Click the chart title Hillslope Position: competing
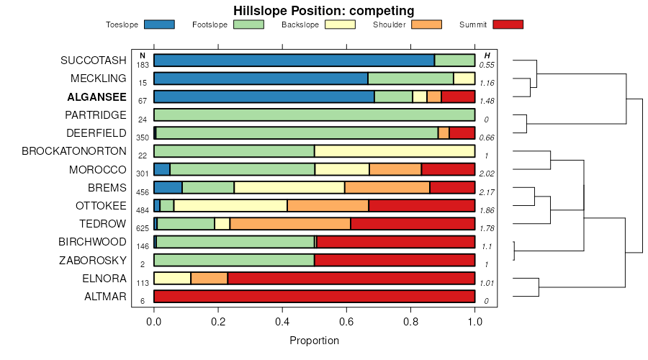tap(323, 11)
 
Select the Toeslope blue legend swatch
tap(159, 24)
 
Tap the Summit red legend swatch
tap(508, 24)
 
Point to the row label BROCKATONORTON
tap(74, 151)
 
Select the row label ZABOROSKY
tap(93, 260)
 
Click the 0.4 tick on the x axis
tap(282, 323)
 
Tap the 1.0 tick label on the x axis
tap(474, 323)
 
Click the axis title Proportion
tap(314, 341)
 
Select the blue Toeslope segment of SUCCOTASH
tap(294, 60)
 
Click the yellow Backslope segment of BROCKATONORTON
tap(395, 151)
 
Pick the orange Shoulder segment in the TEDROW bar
tap(290, 223)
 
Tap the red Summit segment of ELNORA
tap(351, 278)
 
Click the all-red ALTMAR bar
tap(315, 296)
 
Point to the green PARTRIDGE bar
tap(315, 114)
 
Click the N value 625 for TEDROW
tap(143, 228)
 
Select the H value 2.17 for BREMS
tap(487, 192)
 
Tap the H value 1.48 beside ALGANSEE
tap(487, 102)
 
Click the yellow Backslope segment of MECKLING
tap(464, 78)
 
